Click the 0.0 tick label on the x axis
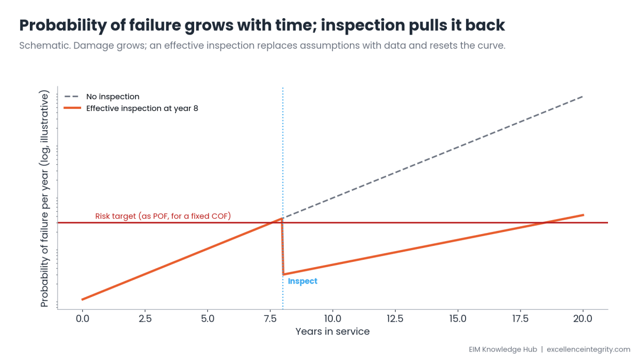click(82, 318)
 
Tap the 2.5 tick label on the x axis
click(145, 318)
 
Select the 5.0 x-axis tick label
click(207, 318)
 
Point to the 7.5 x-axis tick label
click(270, 318)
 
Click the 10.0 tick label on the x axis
click(333, 318)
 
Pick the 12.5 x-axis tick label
click(395, 318)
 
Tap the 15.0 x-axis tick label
click(458, 318)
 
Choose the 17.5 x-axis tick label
click(521, 318)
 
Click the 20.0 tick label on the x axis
click(583, 318)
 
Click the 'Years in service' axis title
click(333, 331)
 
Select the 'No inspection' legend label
click(113, 97)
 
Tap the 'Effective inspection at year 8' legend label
click(142, 108)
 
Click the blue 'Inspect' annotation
click(302, 281)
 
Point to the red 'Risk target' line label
click(163, 216)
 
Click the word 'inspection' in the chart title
click(362, 26)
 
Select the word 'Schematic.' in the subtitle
click(45, 45)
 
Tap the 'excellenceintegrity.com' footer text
click(588, 349)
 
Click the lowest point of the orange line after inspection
click(283, 274)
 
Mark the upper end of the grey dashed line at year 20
click(583, 97)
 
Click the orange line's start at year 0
click(82, 300)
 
